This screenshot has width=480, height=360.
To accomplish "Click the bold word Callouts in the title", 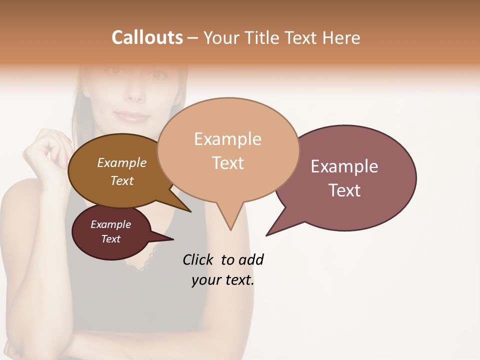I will pos(147,37).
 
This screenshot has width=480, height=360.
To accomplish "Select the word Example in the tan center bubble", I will pos(227,139).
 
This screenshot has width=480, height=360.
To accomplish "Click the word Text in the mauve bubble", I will pos(344,190).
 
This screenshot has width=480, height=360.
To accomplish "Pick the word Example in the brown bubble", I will pos(121,163).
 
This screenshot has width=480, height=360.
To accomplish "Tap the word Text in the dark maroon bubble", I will pos(110,239).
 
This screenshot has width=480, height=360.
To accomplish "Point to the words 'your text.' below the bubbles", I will pos(222,280).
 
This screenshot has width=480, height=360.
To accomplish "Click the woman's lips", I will pos(132,118).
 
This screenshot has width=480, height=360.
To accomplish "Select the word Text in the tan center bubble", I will pos(227,163).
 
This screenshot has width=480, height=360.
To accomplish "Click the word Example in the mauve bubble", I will pos(344,166).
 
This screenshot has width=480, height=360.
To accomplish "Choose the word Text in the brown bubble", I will pos(121,180).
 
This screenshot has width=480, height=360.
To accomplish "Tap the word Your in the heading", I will pos(221,37).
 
